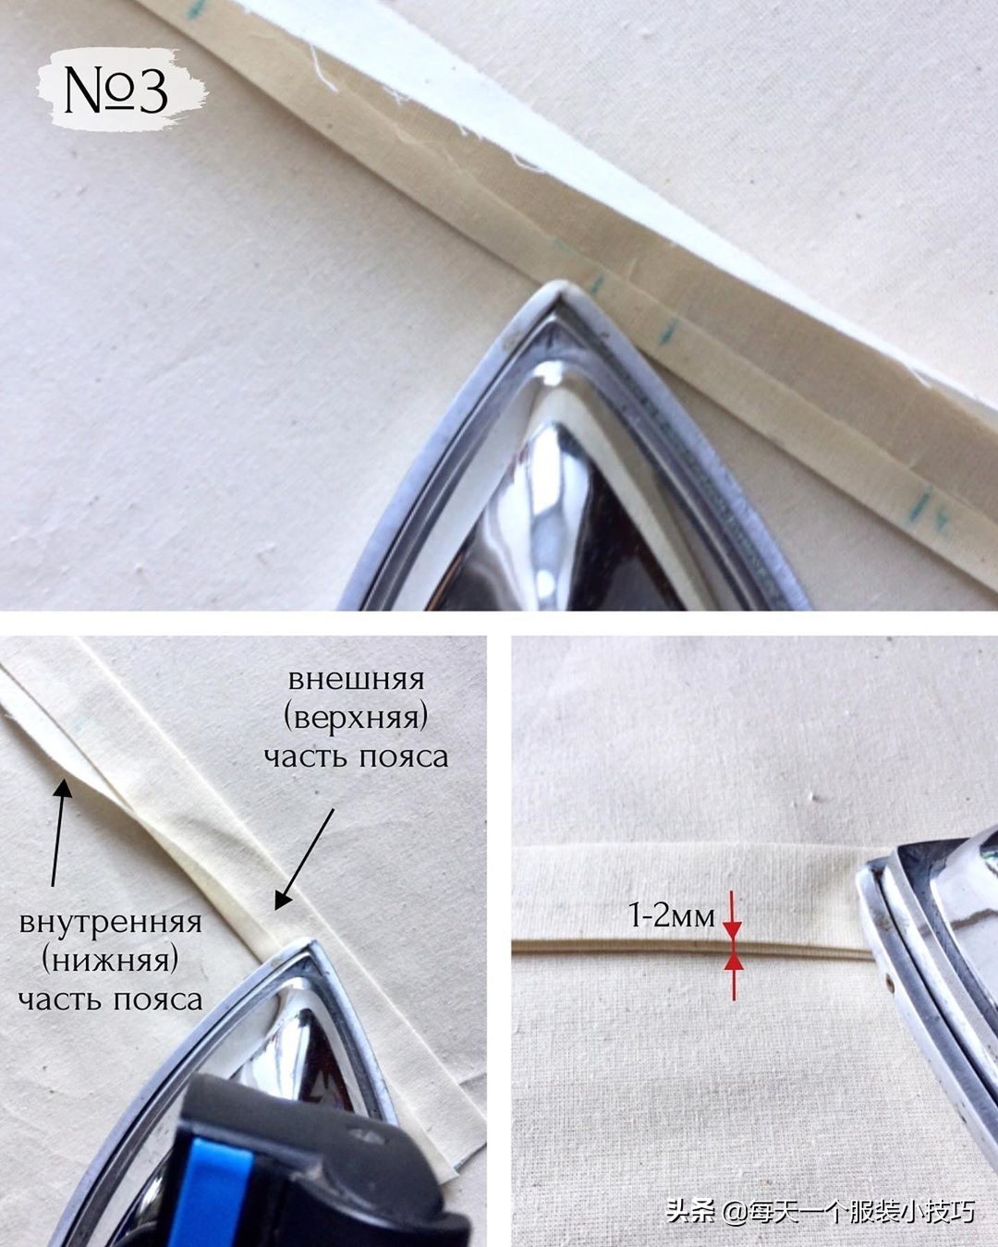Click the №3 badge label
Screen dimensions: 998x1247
click(116, 90)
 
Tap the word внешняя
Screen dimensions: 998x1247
click(356, 680)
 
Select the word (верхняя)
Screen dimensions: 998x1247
click(356, 719)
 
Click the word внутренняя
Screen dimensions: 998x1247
click(110, 923)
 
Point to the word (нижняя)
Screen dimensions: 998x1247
click(110, 962)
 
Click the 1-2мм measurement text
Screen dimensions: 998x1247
click(672, 915)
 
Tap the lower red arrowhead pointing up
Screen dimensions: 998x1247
click(734, 962)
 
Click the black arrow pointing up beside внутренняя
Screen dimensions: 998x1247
click(60, 832)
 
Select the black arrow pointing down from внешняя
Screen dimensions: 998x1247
click(304, 859)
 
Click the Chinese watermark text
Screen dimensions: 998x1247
click(821, 1208)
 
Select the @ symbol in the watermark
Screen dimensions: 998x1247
click(735, 1209)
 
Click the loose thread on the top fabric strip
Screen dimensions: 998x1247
click(324, 69)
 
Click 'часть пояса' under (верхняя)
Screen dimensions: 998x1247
click(356, 757)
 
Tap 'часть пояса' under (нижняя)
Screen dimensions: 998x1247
click(110, 1000)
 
